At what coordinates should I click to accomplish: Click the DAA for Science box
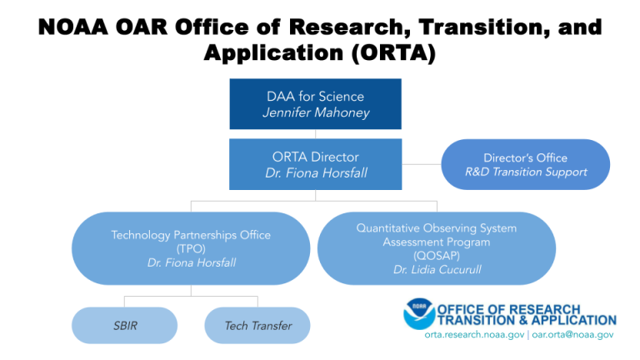315,104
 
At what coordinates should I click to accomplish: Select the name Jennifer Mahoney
316,112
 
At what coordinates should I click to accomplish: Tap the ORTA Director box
315,164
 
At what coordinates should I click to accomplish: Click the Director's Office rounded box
526,164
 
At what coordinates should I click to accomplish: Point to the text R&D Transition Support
526,172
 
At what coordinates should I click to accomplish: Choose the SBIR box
124,325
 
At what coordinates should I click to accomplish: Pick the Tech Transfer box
257,325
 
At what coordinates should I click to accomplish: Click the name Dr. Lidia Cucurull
437,269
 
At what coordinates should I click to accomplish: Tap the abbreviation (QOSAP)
437,256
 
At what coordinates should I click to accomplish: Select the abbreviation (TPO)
191,248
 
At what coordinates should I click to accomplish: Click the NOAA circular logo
419,314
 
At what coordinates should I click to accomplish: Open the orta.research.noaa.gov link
474,335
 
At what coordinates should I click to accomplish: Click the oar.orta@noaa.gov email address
572,335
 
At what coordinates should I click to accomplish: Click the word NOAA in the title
73,27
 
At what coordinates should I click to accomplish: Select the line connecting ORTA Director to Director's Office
422,164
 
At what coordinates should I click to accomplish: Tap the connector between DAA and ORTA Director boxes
315,134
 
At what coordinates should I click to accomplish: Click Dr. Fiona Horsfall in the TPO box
192,262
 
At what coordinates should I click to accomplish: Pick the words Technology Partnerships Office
191,235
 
